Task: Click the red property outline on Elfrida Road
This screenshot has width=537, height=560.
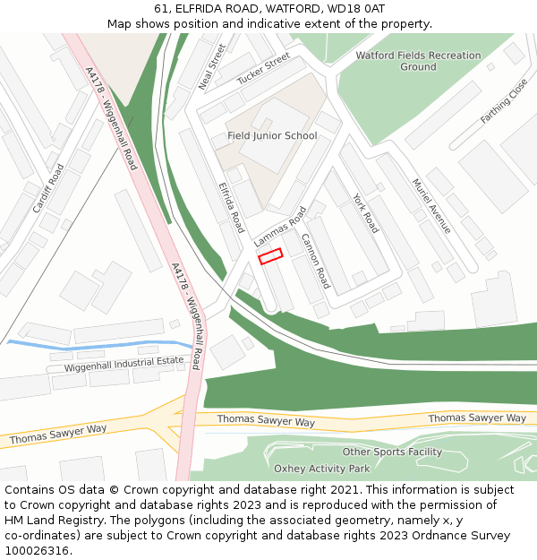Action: (x=270, y=256)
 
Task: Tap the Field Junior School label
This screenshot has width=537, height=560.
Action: (x=272, y=136)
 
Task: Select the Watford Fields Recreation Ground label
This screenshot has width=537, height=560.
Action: (x=418, y=61)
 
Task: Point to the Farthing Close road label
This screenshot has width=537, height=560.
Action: (x=505, y=101)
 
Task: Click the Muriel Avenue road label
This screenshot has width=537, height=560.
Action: (x=431, y=206)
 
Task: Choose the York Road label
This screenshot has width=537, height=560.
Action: (x=365, y=213)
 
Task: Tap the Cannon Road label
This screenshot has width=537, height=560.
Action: (x=315, y=261)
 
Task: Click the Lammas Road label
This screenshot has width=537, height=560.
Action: (x=280, y=227)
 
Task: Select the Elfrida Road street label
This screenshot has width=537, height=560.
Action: (x=231, y=208)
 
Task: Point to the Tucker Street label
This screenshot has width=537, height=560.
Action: (x=263, y=69)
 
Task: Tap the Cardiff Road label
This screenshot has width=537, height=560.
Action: (x=48, y=189)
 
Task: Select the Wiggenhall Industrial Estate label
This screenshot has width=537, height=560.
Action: (x=124, y=364)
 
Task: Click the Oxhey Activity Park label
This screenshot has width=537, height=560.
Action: (x=321, y=469)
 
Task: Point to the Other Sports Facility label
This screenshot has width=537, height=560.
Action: (x=392, y=452)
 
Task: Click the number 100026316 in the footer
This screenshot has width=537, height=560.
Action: (x=38, y=551)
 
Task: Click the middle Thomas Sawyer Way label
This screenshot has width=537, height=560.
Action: (x=266, y=420)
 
